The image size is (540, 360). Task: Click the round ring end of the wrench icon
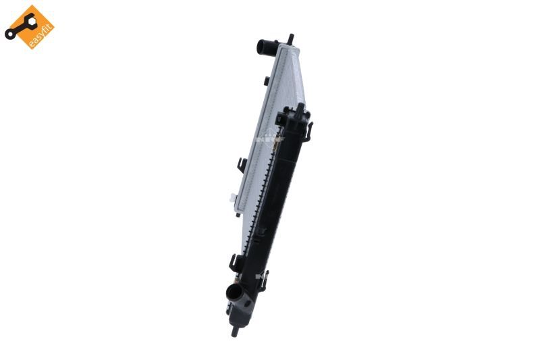(10, 32)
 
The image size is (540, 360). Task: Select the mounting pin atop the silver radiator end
(290, 38)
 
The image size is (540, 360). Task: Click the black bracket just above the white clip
(241, 165)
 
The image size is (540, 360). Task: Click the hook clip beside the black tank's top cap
(311, 128)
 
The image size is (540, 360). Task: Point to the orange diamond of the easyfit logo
(30, 27)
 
